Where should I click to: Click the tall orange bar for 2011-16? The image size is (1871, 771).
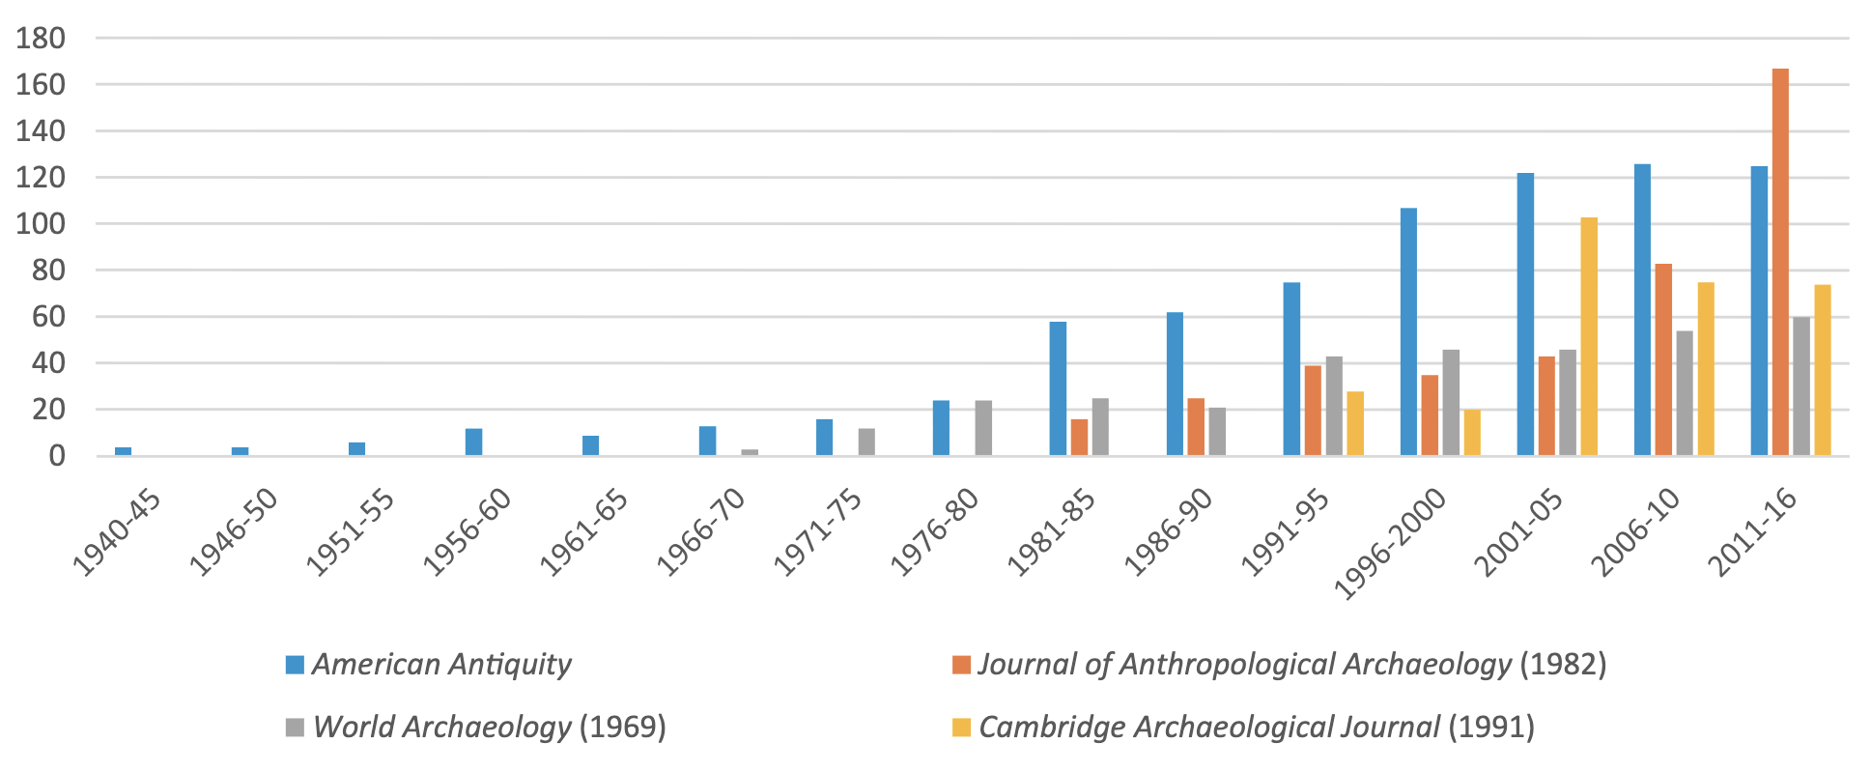[x=1779, y=261]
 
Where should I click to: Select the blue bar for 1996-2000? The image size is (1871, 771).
[x=1408, y=331]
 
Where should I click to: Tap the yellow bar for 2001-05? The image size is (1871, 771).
[x=1589, y=336]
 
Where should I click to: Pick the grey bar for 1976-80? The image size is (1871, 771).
[x=983, y=428]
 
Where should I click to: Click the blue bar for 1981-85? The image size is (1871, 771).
[x=1058, y=388]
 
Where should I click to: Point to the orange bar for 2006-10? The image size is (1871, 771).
[x=1663, y=359]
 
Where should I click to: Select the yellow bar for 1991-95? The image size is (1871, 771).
[x=1355, y=423]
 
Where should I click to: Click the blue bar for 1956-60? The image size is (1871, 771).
[x=473, y=442]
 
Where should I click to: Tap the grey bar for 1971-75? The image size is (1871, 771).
[x=866, y=442]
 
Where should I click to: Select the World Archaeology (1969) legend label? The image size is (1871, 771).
[x=490, y=727]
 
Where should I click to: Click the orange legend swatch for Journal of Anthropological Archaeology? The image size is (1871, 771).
[x=960, y=665]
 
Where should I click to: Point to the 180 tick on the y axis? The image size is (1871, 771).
[x=40, y=39]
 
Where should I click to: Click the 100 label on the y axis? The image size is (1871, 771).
[x=40, y=224]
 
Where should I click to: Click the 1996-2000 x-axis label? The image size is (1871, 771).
[x=1391, y=543]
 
